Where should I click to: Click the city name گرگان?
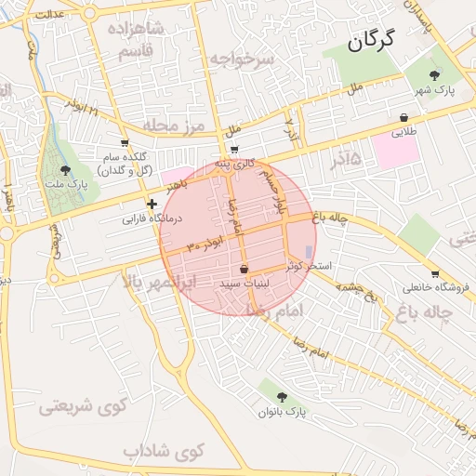click(371, 40)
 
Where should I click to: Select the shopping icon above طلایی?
click(403, 118)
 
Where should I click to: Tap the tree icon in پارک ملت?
click(64, 170)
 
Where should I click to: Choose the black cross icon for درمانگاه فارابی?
click(152, 204)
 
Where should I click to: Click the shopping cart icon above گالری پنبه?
click(234, 150)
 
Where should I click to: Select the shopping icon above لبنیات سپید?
click(244, 269)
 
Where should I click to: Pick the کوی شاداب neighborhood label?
click(164, 453)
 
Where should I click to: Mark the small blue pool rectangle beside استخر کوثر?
click(309, 251)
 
